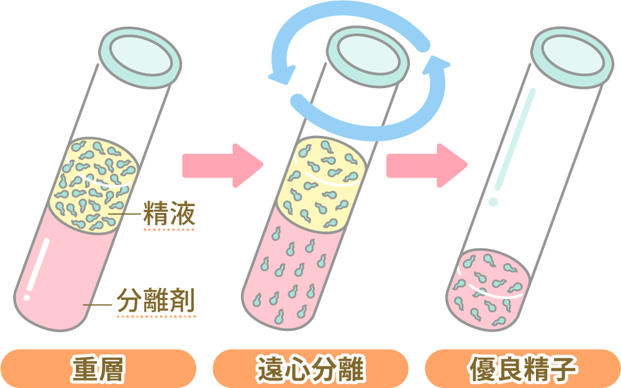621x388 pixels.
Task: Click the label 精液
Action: pyautogui.click(x=169, y=215)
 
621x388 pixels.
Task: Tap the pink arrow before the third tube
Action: pyautogui.click(x=426, y=166)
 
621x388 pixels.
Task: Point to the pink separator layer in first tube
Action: pyautogui.click(x=62, y=273)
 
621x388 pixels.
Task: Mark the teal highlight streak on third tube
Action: pyautogui.click(x=515, y=143)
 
